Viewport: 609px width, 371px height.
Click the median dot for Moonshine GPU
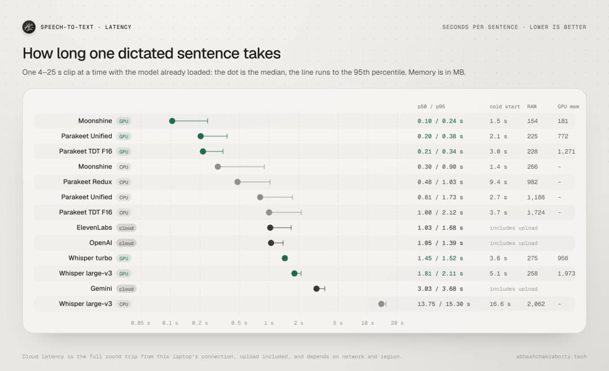pyautogui.click(x=172, y=121)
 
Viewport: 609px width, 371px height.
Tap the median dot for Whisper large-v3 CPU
pyautogui.click(x=381, y=304)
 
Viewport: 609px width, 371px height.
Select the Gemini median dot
pyautogui.click(x=316, y=289)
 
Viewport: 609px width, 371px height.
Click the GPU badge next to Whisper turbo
pyautogui.click(x=124, y=258)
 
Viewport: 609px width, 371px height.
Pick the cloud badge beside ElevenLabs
pyautogui.click(x=126, y=228)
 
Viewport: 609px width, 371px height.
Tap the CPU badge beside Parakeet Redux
pyautogui.click(x=124, y=182)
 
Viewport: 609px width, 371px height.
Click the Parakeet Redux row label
pyautogui.click(x=87, y=182)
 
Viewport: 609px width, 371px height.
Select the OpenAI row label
pyautogui.click(x=100, y=243)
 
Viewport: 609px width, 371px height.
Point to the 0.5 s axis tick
pyautogui.click(x=239, y=323)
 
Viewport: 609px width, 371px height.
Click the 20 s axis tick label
pyautogui.click(x=397, y=323)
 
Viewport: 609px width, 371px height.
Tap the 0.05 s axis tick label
pyautogui.click(x=140, y=323)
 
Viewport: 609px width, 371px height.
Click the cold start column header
pyautogui.click(x=505, y=107)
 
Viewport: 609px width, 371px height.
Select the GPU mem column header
pyautogui.click(x=568, y=107)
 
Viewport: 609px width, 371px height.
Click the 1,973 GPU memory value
pyautogui.click(x=566, y=273)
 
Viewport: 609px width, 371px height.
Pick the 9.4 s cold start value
pyautogui.click(x=498, y=182)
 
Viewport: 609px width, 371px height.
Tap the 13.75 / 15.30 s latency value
pyautogui.click(x=444, y=304)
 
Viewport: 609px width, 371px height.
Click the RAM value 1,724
pyautogui.click(x=536, y=212)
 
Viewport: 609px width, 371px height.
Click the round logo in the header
pyautogui.click(x=29, y=27)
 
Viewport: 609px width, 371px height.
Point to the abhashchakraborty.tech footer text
pyautogui.click(x=551, y=357)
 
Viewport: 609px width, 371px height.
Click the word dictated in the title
pyautogui.click(x=145, y=53)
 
